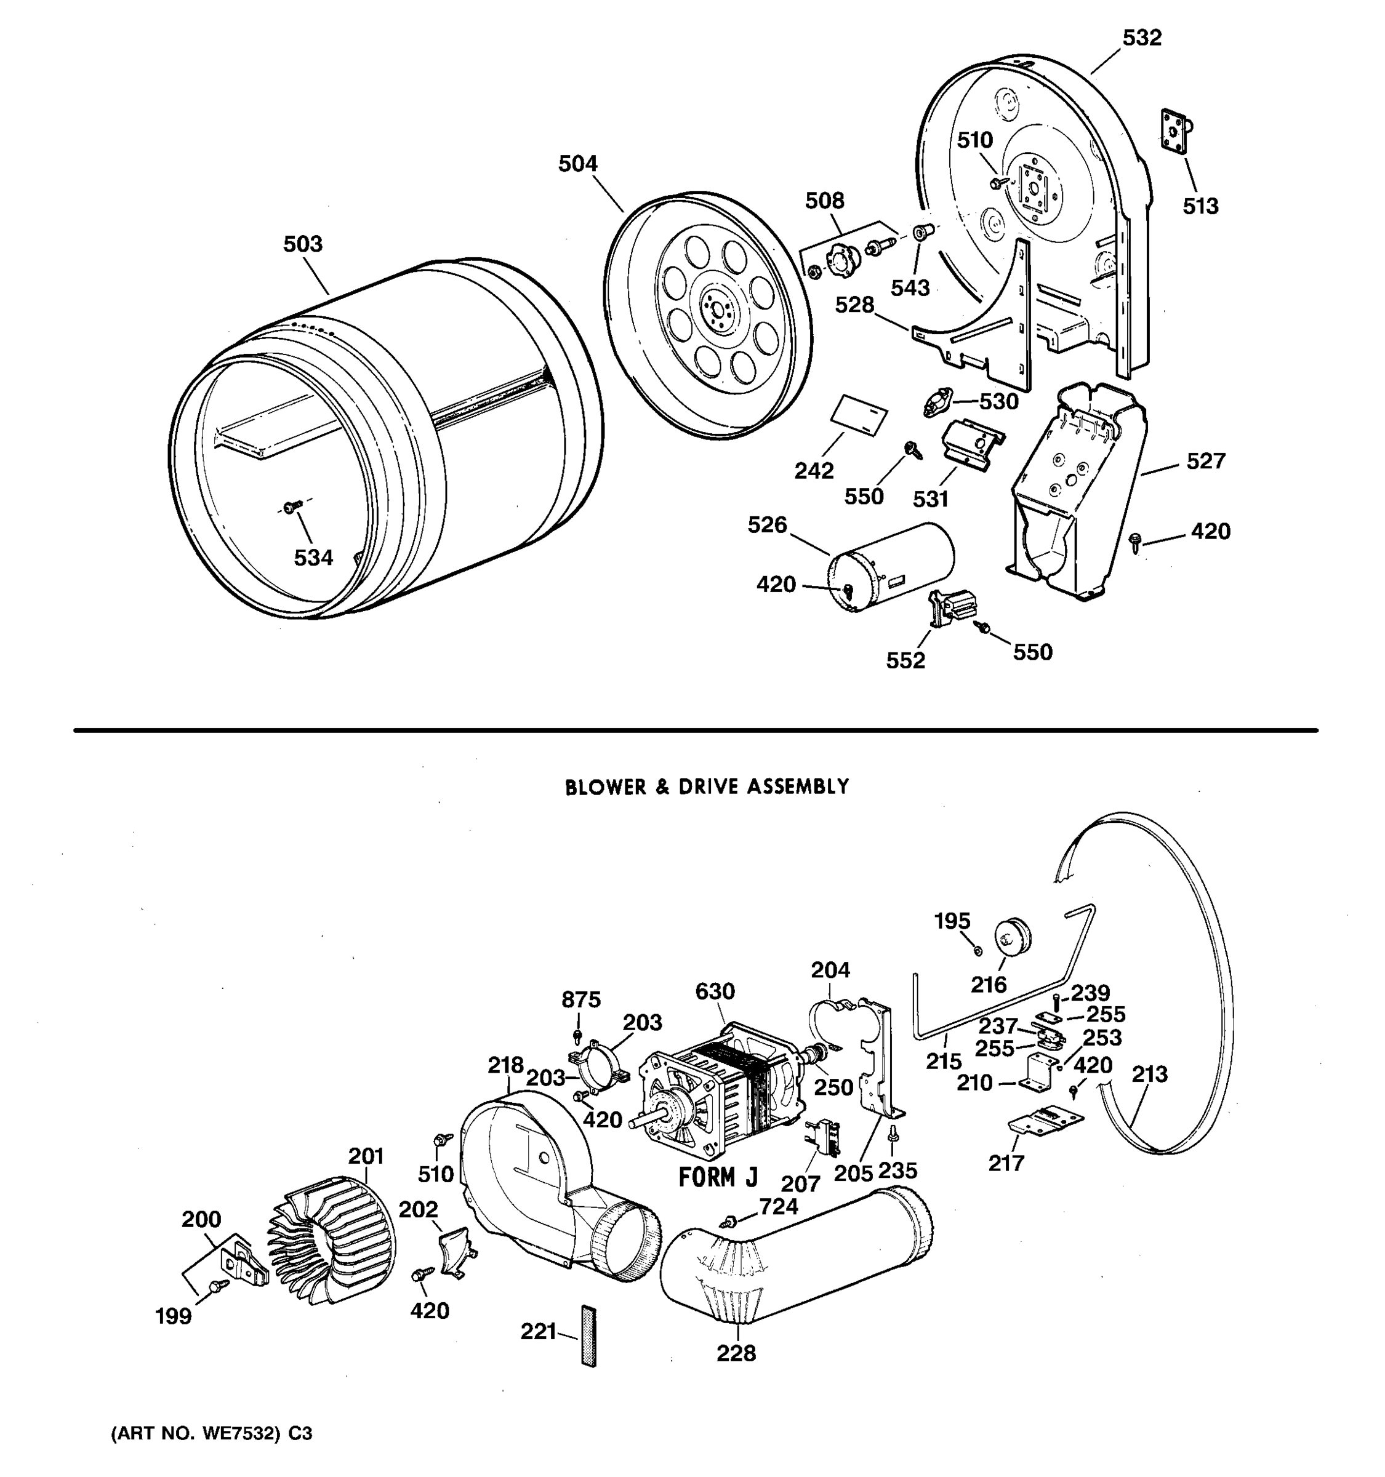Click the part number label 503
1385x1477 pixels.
[x=302, y=244]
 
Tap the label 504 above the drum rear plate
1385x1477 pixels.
[x=577, y=164]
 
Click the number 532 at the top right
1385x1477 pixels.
[x=1141, y=38]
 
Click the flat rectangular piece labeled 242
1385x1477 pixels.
[x=858, y=420]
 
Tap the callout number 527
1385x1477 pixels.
[x=1205, y=462]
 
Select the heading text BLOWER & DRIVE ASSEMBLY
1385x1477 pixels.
[x=707, y=787]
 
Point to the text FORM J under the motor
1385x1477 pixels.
[x=718, y=1177]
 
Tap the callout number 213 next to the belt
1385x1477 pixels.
[x=1149, y=1075]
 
